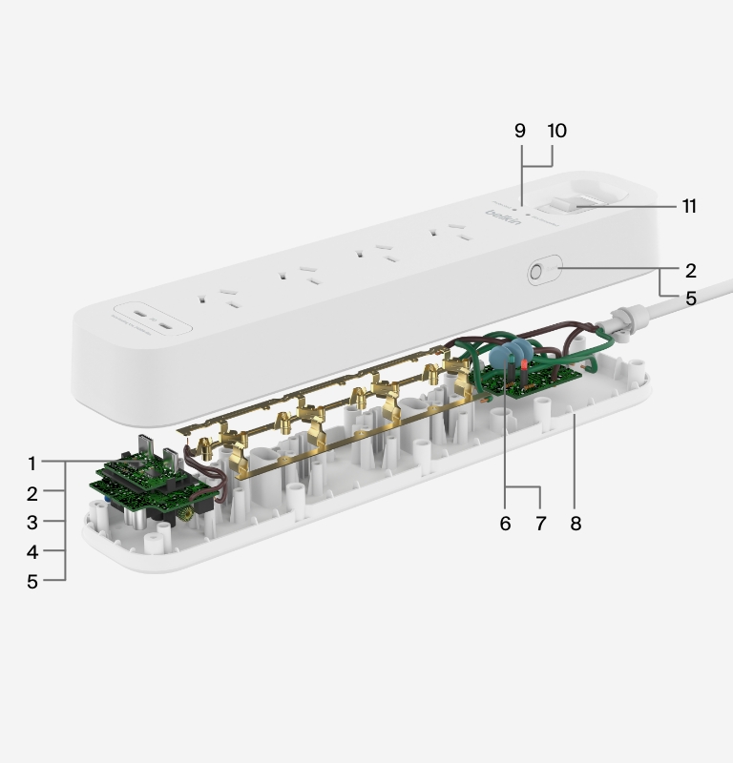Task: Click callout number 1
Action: pyautogui.click(x=31, y=464)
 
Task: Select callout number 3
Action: pyautogui.click(x=31, y=522)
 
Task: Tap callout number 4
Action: pyautogui.click(x=31, y=551)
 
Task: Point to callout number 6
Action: pyautogui.click(x=505, y=524)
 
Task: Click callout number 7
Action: pyautogui.click(x=540, y=524)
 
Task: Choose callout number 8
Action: pyautogui.click(x=575, y=524)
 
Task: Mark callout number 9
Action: pyautogui.click(x=520, y=131)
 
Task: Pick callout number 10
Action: pyautogui.click(x=555, y=131)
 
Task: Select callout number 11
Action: pyautogui.click(x=688, y=206)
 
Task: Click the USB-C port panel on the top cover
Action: pyautogui.click(x=154, y=319)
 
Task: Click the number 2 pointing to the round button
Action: pyautogui.click(x=690, y=271)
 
